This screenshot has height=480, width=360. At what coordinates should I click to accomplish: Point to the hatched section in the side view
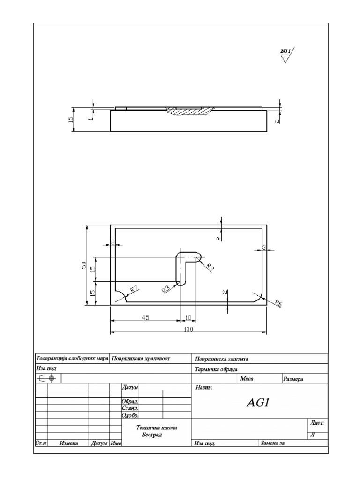(190, 111)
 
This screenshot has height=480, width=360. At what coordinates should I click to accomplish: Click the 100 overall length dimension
(189, 330)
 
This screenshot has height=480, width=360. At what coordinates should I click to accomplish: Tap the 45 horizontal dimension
(145, 317)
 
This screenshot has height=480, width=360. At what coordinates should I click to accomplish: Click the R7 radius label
(135, 289)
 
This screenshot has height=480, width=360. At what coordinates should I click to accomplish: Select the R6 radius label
(278, 303)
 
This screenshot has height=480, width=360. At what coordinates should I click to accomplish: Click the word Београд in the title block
(151, 435)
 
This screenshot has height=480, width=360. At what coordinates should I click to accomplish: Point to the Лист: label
(317, 423)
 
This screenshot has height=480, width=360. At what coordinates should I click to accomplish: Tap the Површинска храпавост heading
(141, 359)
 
